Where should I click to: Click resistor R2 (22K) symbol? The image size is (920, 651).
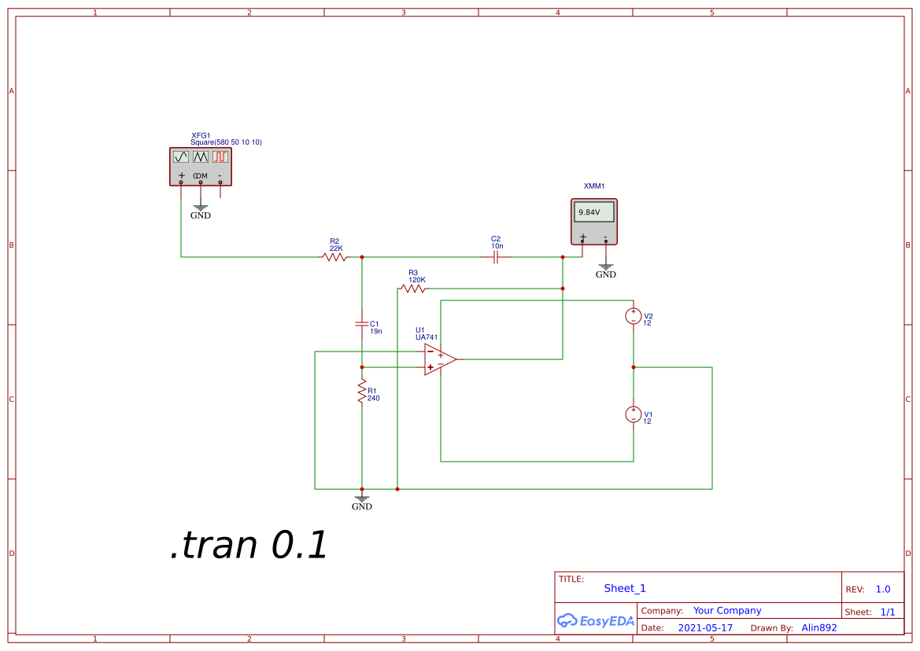(334, 257)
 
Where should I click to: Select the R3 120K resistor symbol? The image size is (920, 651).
(413, 289)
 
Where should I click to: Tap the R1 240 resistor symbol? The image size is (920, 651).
(362, 391)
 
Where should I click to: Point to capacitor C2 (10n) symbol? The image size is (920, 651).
(496, 257)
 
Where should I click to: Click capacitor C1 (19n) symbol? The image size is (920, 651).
(362, 323)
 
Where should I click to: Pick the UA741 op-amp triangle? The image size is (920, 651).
(438, 359)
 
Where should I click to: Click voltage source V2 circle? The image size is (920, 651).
(634, 316)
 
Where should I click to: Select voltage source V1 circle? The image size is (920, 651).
(634, 414)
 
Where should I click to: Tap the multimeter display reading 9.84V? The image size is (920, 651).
(593, 212)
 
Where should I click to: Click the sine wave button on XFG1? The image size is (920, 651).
(181, 157)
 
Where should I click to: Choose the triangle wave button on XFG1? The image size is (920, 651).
(201, 157)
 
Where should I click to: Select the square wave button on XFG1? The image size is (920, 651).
(220, 157)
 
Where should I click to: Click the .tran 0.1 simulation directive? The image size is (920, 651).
(249, 546)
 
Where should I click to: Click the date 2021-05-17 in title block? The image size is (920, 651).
(705, 628)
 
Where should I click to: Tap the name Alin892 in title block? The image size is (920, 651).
(818, 628)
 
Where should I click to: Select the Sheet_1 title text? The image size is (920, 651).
(625, 588)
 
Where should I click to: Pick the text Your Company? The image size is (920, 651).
(727, 611)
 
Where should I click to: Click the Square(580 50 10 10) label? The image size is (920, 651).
(226, 142)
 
